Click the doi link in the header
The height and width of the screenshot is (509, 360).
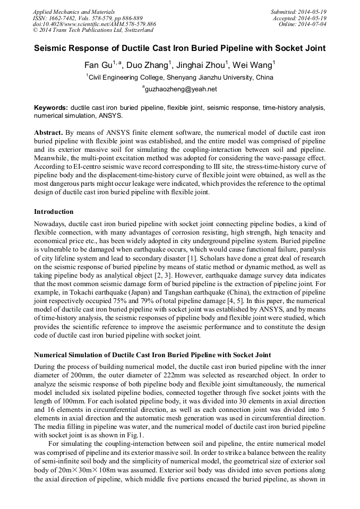(x=94, y=24)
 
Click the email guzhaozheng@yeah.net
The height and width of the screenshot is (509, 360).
(x=181, y=89)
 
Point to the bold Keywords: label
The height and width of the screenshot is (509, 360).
(x=51, y=107)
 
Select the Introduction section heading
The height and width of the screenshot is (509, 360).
(x=54, y=212)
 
